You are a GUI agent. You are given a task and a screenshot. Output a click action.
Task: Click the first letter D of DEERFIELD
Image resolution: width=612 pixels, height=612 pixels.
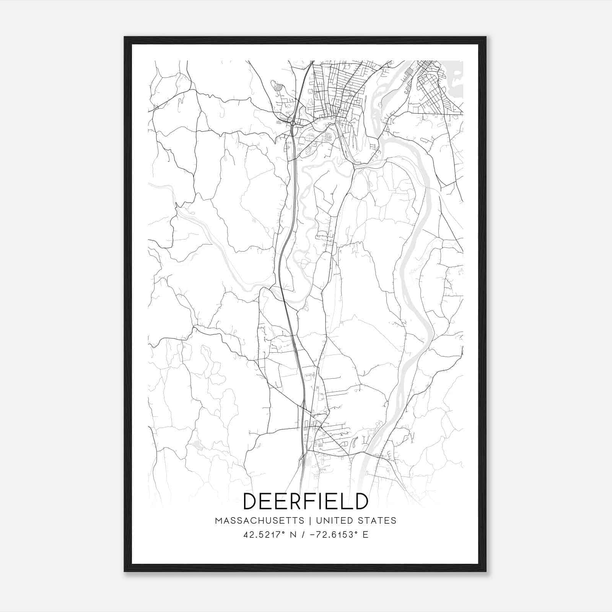tap(251, 501)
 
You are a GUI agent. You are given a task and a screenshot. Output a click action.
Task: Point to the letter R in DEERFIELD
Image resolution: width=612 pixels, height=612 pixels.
tap(294, 501)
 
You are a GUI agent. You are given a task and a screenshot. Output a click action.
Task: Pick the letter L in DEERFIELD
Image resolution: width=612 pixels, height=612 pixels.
tap(346, 501)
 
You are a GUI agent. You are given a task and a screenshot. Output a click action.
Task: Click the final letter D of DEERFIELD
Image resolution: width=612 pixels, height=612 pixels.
tap(361, 501)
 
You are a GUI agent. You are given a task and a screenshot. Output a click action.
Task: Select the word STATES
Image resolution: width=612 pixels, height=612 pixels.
tap(377, 521)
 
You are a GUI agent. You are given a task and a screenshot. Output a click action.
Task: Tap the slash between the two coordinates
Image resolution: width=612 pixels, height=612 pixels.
tap(303, 534)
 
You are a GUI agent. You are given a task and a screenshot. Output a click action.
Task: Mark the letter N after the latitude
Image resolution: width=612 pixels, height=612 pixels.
tap(294, 534)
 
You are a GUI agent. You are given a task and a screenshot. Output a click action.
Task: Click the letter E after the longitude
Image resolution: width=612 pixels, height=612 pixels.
tap(365, 534)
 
